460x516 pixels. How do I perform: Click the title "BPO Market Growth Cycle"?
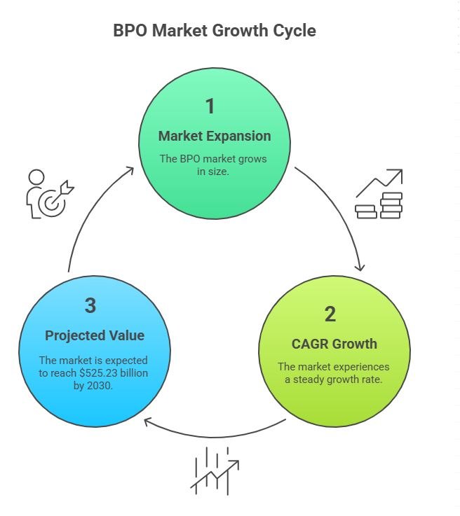tap(214, 32)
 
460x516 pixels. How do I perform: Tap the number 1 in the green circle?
tap(210, 106)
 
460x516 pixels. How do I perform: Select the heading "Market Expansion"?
tap(214, 136)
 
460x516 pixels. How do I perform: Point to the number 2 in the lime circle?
tap(330, 314)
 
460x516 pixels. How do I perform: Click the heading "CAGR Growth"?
tap(334, 344)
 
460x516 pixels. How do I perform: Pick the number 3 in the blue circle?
tap(90, 306)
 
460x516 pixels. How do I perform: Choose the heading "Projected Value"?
tap(95, 335)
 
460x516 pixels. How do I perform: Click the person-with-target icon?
tap(48, 194)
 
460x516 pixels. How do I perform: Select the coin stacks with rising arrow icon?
tap(379, 194)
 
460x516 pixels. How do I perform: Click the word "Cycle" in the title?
tap(295, 32)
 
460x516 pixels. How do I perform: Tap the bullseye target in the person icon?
tap(50, 203)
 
